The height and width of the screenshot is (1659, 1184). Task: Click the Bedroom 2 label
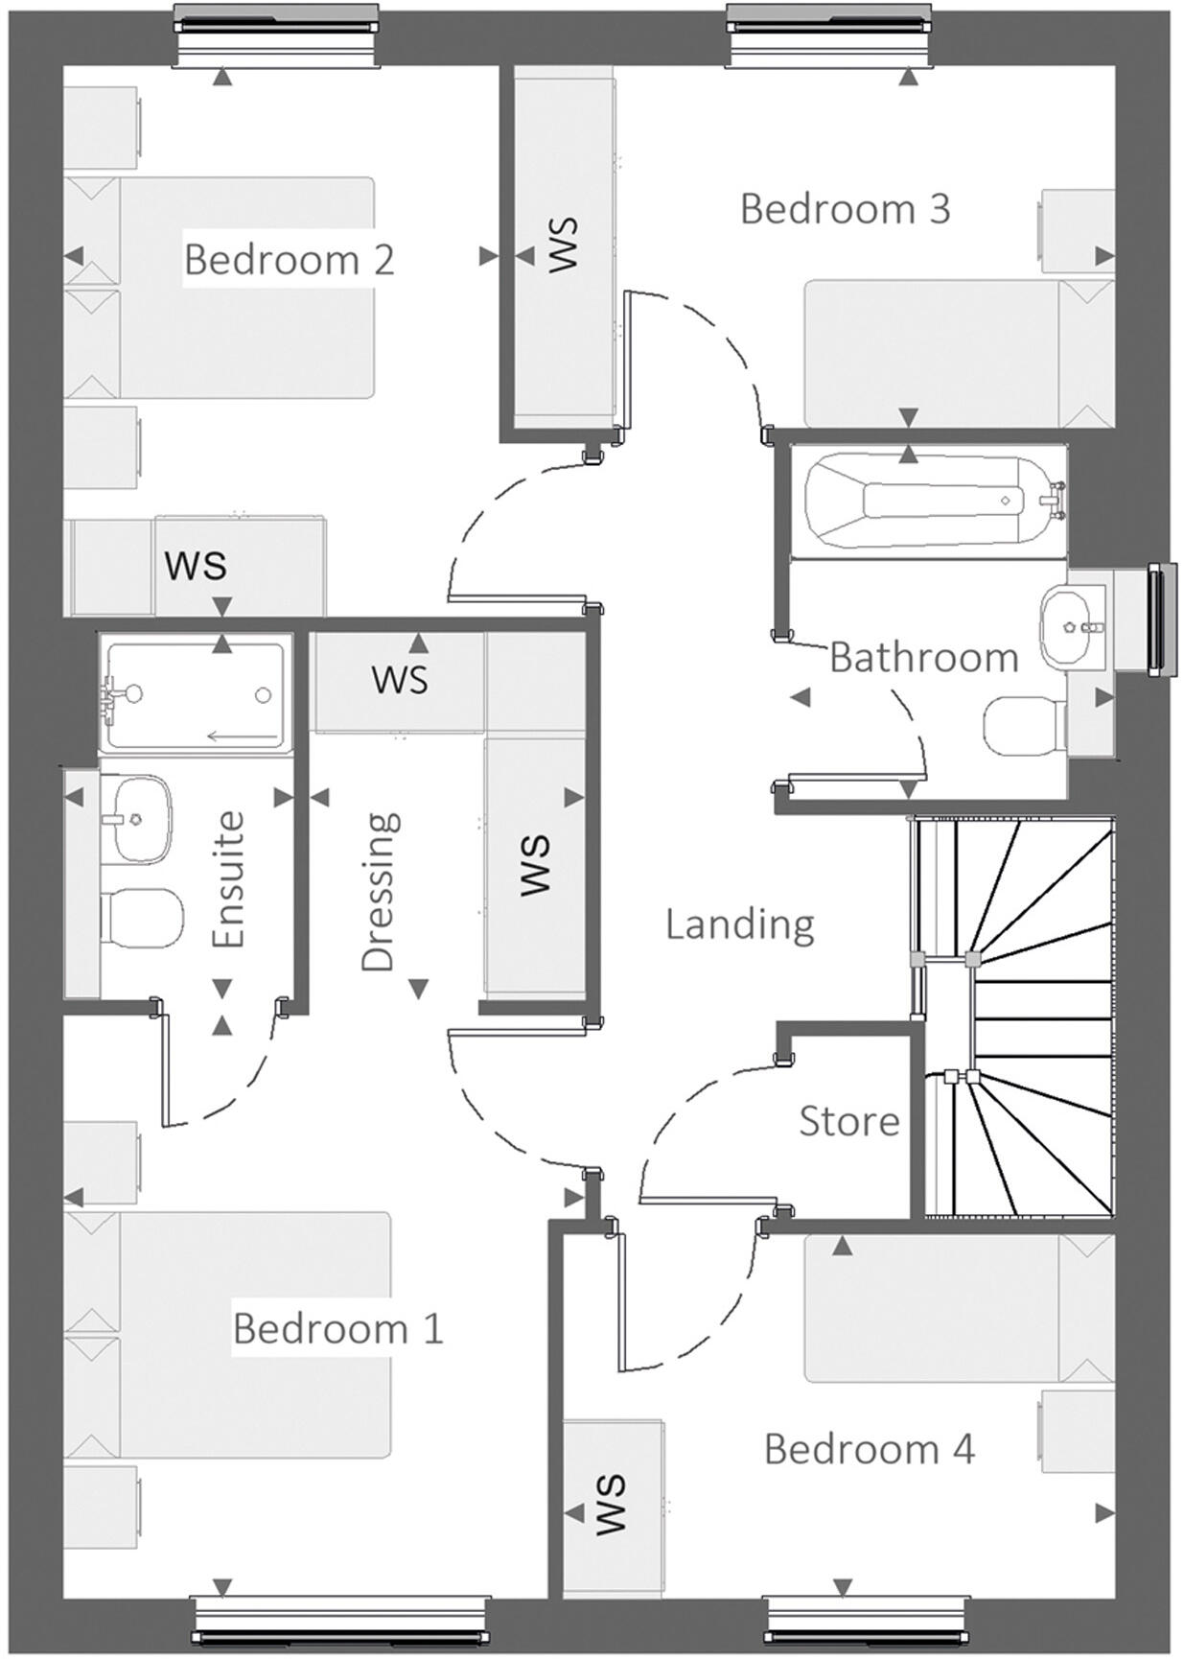[x=289, y=260]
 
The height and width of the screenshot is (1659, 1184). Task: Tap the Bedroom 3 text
[x=845, y=209]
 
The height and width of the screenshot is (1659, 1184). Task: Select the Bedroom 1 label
[x=337, y=1329]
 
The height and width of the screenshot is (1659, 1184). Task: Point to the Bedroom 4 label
[x=869, y=1449]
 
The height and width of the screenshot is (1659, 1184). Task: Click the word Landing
[x=739, y=924]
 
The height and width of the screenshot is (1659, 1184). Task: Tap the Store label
[x=848, y=1121]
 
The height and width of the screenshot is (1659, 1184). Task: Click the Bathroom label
[x=923, y=658]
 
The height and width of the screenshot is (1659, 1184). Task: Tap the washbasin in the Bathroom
[x=1072, y=629]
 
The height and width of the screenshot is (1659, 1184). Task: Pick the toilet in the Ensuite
[x=142, y=917]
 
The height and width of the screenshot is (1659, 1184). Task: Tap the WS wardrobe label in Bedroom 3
[x=563, y=245]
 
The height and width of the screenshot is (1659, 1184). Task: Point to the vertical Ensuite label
[x=229, y=880]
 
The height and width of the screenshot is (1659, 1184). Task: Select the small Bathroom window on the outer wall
[x=1161, y=619]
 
